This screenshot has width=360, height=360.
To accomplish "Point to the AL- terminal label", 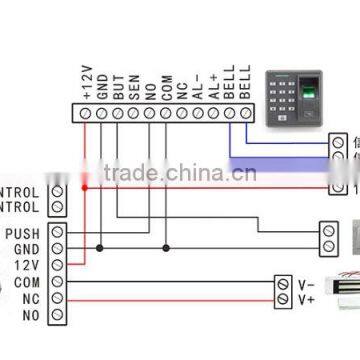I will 197,89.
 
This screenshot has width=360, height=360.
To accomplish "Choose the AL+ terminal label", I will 213,89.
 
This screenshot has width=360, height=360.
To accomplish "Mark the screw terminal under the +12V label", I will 86,113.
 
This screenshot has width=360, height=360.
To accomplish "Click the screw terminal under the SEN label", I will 134,113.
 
